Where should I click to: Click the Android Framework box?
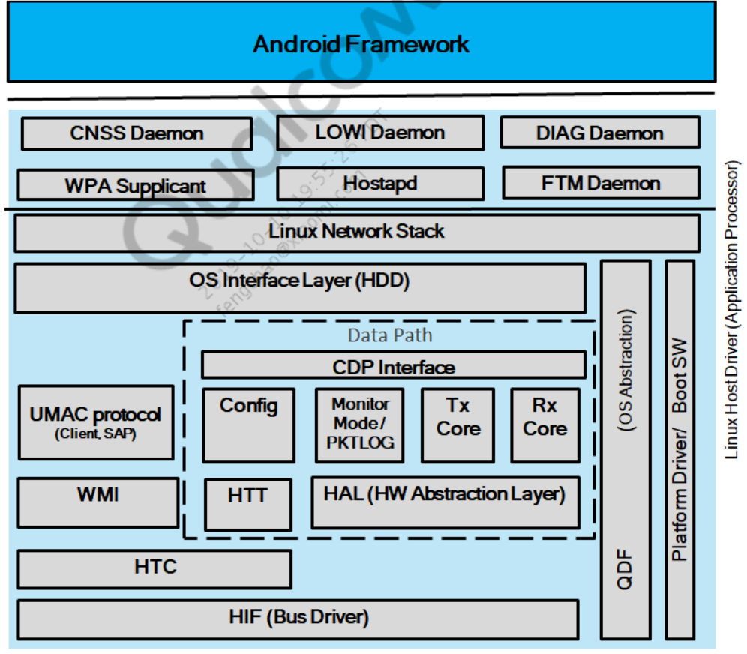click(x=361, y=43)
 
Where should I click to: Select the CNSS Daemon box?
click(x=136, y=134)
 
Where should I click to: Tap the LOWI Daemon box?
click(x=379, y=133)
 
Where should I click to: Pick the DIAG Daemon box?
click(x=599, y=133)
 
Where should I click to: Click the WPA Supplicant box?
click(x=135, y=184)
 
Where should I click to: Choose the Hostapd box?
click(x=379, y=183)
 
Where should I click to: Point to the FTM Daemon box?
click(x=600, y=183)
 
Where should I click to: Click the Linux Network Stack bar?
click(x=356, y=232)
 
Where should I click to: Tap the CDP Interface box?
click(x=393, y=366)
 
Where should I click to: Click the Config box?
click(x=248, y=424)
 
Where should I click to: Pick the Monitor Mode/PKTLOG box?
click(x=360, y=424)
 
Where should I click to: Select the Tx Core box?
click(x=457, y=424)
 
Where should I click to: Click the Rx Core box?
click(x=544, y=424)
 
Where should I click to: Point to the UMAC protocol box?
click(x=95, y=421)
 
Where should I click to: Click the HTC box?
click(x=154, y=568)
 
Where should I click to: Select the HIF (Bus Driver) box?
click(x=298, y=619)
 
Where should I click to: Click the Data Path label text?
click(x=390, y=334)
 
